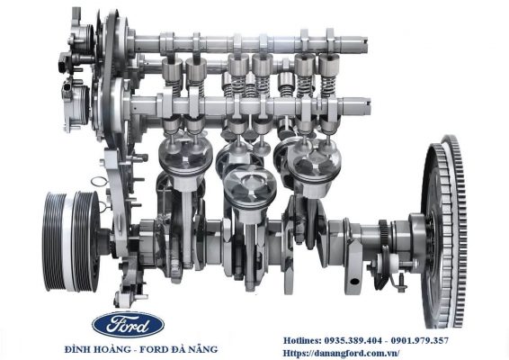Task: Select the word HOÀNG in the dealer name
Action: click(x=120, y=349)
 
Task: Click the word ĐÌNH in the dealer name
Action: click(x=77, y=349)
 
